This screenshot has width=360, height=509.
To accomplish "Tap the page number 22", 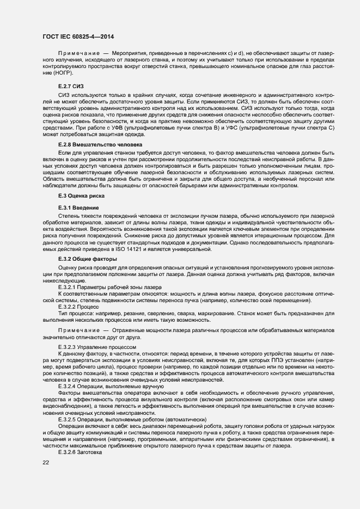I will (46, 462).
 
